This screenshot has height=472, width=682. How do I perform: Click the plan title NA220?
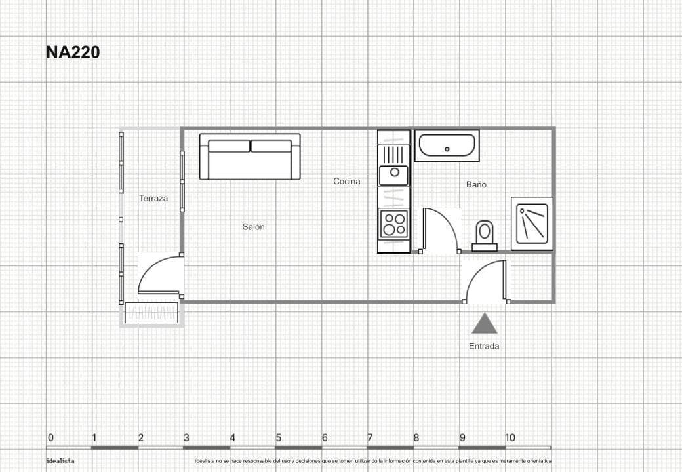point(73,52)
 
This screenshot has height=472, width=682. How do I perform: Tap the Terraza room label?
point(153,198)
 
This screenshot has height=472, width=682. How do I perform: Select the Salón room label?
point(253,227)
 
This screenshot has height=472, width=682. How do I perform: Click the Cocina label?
point(346,182)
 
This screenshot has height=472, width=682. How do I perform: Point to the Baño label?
point(476,185)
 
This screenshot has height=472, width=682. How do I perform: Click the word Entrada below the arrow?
point(483,346)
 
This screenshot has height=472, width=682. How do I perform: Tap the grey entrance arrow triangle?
point(484,324)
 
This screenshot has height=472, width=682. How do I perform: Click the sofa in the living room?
point(250,157)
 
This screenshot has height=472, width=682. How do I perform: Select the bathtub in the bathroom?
point(449,146)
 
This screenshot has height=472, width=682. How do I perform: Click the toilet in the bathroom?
point(485,235)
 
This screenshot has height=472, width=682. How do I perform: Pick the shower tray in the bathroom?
point(532,224)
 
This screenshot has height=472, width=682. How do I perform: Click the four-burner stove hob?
point(394,224)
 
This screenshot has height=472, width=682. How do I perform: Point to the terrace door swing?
point(159,275)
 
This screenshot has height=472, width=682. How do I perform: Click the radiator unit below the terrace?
point(151,313)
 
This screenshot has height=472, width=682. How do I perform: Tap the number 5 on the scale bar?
point(278,438)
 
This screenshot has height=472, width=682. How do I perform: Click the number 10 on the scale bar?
point(510,438)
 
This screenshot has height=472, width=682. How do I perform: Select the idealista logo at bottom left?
point(60,461)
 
